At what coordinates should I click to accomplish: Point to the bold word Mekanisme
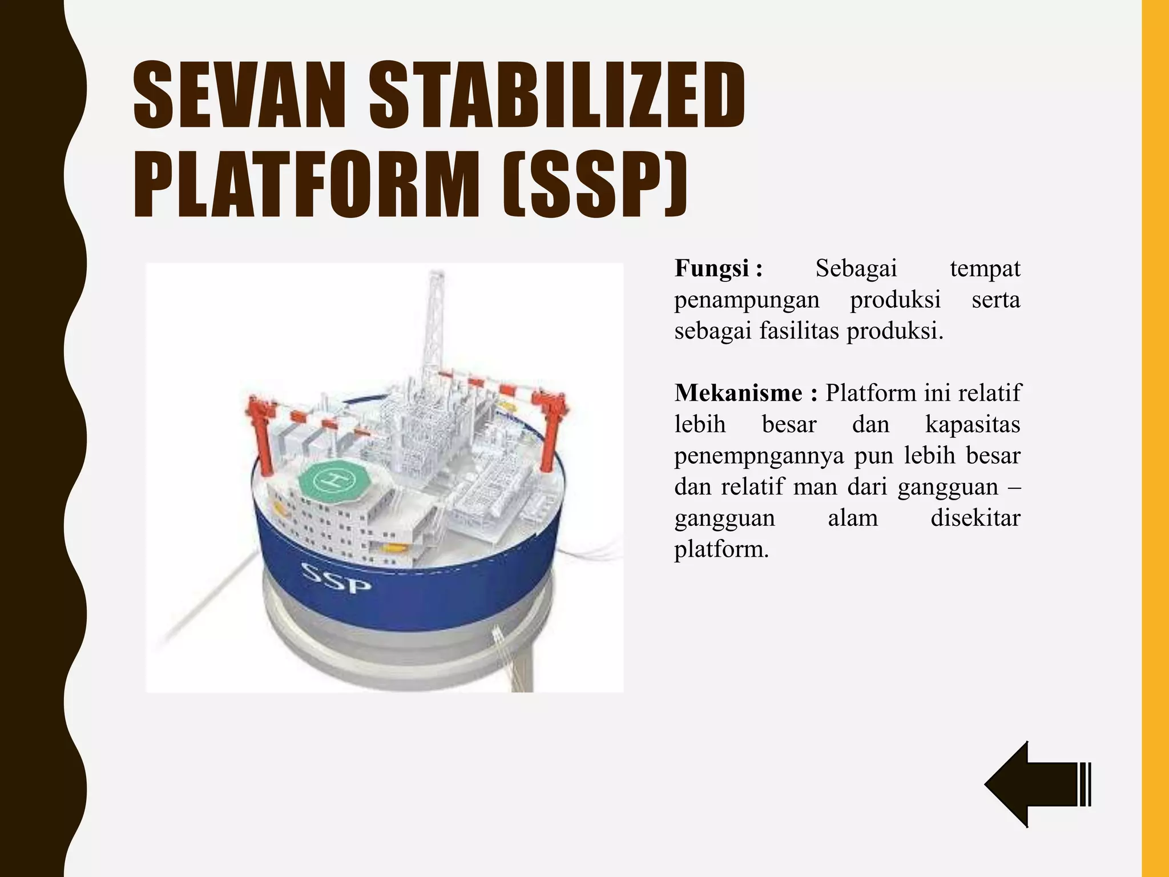pyautogui.click(x=739, y=393)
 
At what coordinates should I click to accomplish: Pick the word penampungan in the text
pyautogui.click(x=746, y=300)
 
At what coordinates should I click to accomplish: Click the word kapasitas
pyautogui.click(x=972, y=424)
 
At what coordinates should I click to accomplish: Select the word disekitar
pyautogui.click(x=975, y=518)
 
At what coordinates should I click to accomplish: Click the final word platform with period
pyautogui.click(x=721, y=549)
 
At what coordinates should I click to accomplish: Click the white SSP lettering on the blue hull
pyautogui.click(x=336, y=579)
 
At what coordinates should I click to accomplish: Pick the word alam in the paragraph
pyautogui.click(x=852, y=518)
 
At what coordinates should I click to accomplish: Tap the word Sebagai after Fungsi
pyautogui.click(x=856, y=268)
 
